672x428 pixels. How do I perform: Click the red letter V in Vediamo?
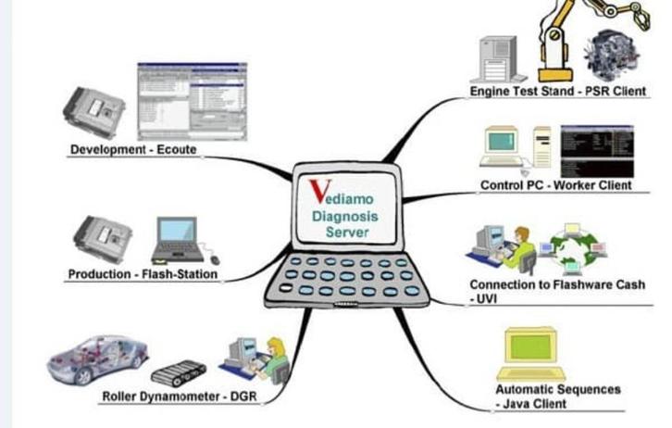point(317,189)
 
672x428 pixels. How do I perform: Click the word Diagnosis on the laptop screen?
point(346,215)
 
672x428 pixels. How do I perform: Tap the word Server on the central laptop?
point(346,232)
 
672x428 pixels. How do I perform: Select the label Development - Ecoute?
point(133,150)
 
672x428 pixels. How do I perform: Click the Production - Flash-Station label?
point(143,274)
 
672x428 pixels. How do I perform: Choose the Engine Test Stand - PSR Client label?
point(558,92)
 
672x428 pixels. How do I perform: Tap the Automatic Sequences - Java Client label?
point(557,397)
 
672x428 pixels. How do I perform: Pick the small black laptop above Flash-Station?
point(179,239)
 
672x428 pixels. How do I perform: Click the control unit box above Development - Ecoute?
point(94,111)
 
